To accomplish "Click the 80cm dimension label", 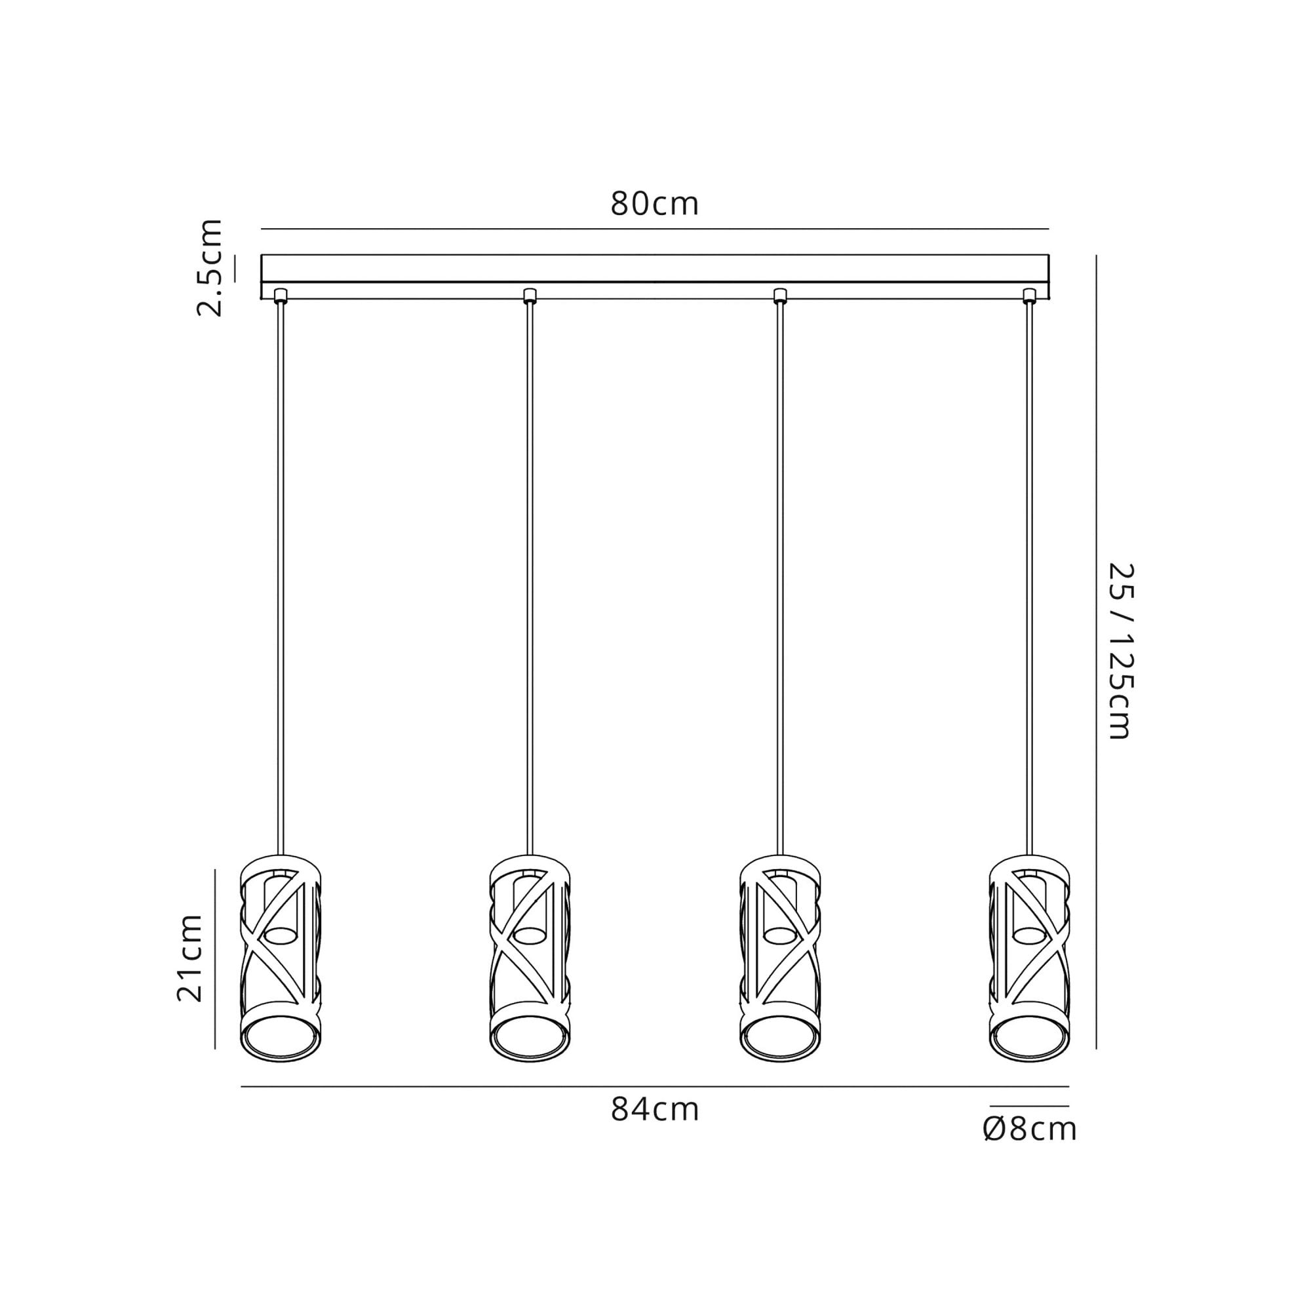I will (654, 204).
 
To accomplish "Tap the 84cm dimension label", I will (654, 1110).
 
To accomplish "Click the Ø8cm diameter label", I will (1029, 1129).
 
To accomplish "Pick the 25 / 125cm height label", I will (1120, 651).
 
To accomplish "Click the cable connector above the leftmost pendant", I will (281, 295).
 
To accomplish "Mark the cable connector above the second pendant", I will (530, 295).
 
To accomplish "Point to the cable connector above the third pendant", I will (780, 295).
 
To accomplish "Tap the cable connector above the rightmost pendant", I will (1029, 295).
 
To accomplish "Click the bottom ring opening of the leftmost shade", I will (281, 1038).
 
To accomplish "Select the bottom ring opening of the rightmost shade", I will (1029, 1038).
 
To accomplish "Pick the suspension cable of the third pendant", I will (780, 577).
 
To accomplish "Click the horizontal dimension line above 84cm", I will (654, 1087).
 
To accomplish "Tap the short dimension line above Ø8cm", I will (1029, 1106).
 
